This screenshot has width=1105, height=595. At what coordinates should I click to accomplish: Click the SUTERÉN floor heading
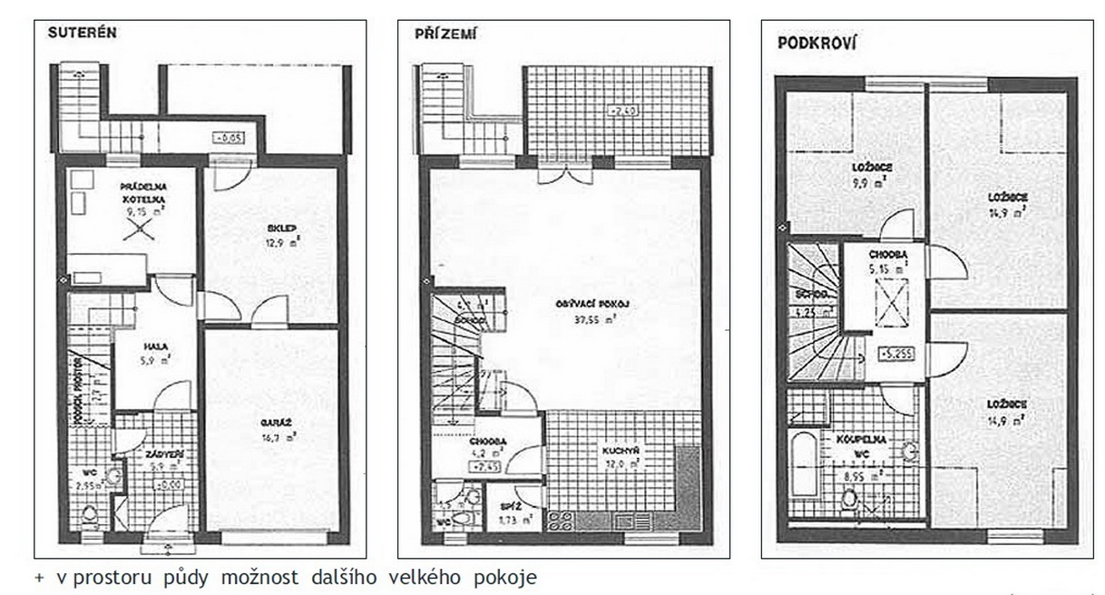(x=83, y=31)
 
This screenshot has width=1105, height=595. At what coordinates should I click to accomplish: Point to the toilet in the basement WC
(x=90, y=516)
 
